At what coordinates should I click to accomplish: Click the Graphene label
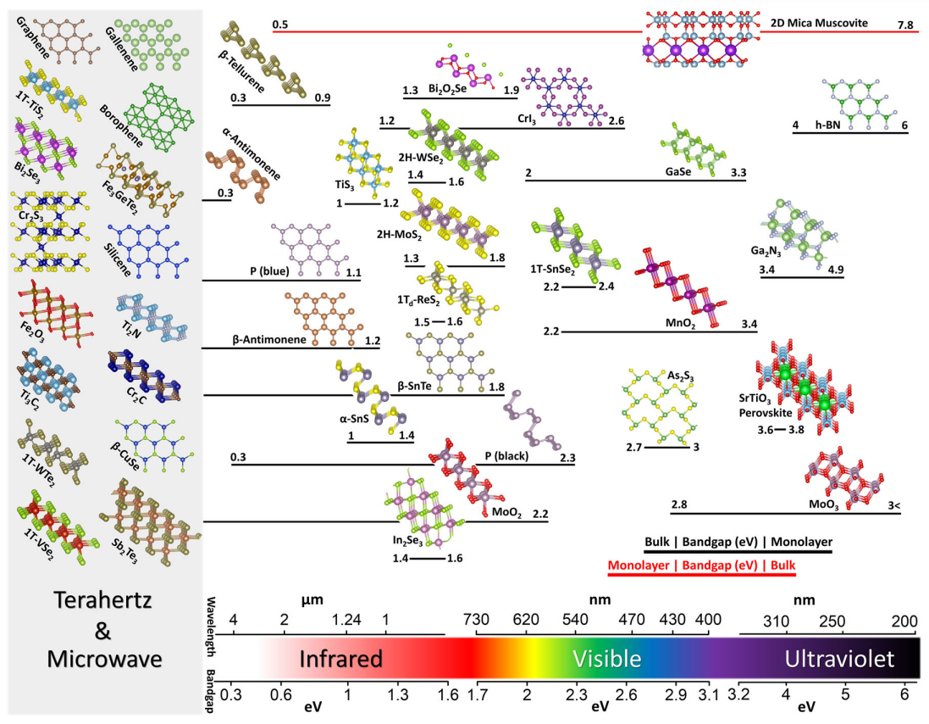click(32, 38)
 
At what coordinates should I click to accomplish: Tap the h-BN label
click(827, 125)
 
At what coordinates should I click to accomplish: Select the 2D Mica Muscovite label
click(819, 23)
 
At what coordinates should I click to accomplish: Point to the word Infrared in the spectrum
click(340, 659)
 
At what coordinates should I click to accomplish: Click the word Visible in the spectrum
click(606, 659)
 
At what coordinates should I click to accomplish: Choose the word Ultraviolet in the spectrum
click(839, 659)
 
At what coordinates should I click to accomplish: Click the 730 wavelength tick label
click(476, 620)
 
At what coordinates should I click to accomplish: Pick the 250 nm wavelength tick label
click(832, 621)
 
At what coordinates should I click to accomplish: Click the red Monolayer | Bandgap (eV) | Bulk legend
click(701, 565)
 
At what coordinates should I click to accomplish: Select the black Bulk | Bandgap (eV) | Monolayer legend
click(738, 542)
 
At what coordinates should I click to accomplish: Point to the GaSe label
click(677, 172)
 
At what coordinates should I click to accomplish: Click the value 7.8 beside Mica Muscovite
click(905, 25)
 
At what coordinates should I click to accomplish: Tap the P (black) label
click(506, 456)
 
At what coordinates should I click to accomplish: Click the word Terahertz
click(103, 600)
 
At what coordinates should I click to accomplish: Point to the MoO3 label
click(823, 505)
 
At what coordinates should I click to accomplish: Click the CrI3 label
click(527, 120)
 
